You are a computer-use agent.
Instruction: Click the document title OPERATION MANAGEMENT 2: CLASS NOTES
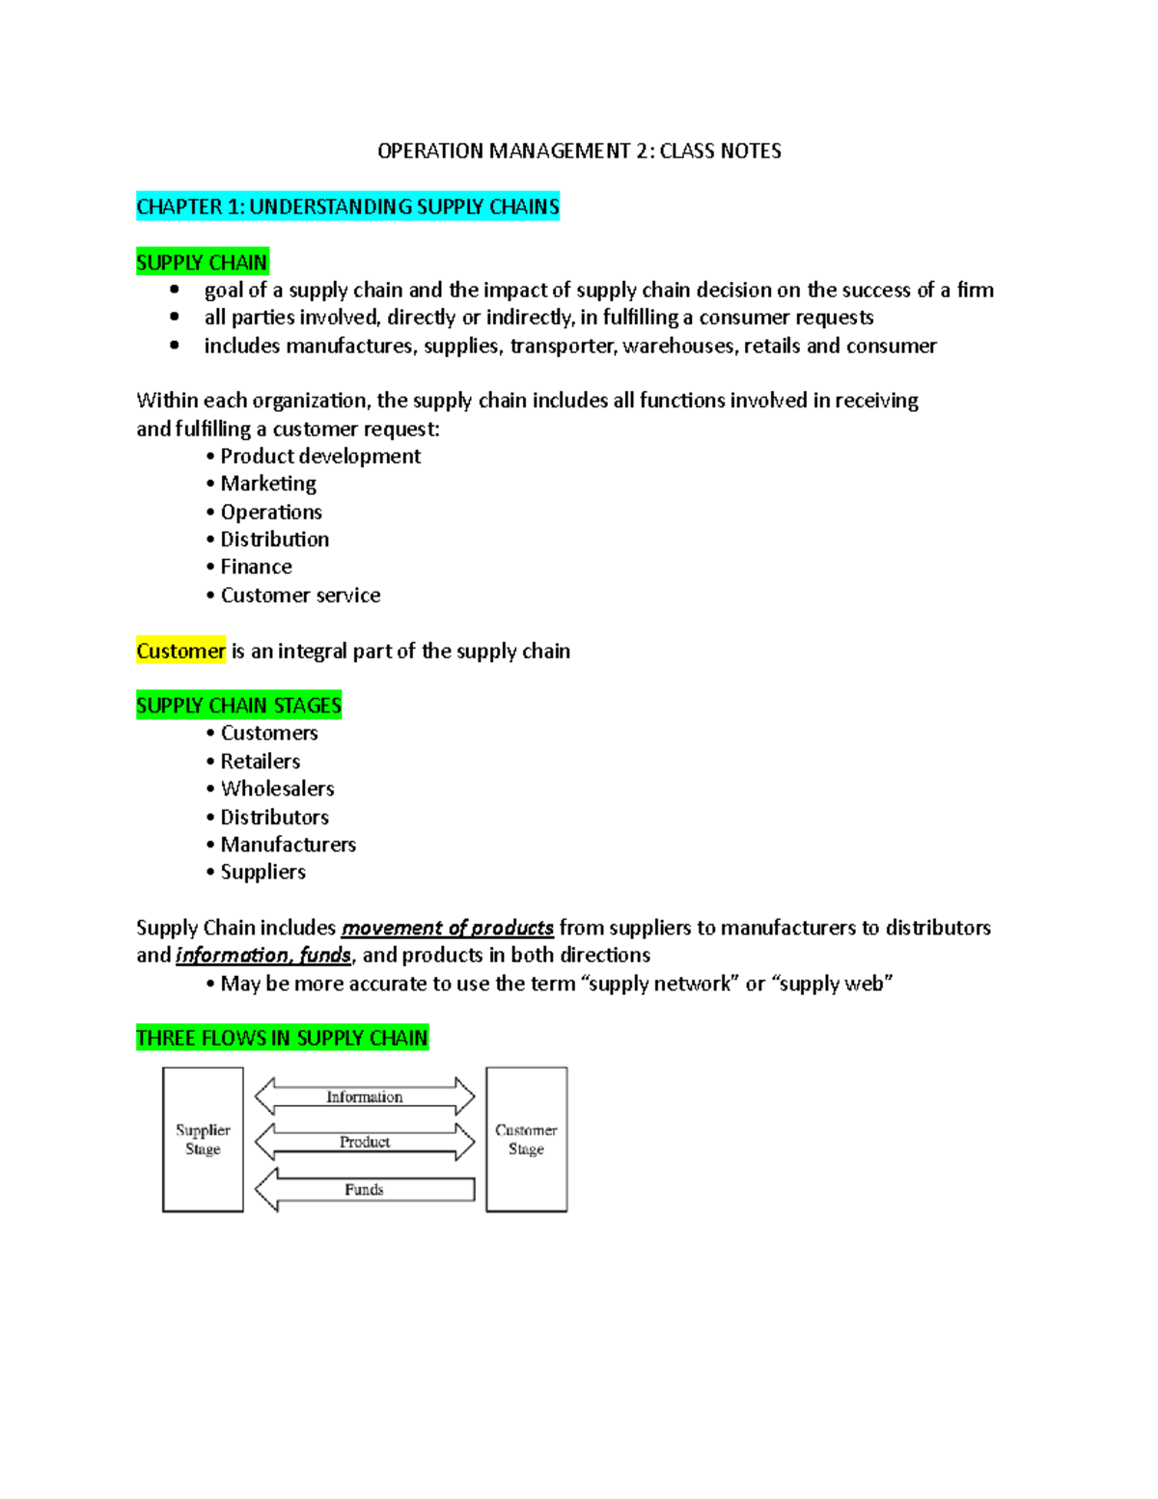[579, 151]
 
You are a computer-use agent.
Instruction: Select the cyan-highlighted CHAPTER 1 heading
[347, 207]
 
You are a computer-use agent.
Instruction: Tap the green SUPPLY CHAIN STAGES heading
[238, 706]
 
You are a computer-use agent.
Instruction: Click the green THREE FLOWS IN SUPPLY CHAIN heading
[282, 1038]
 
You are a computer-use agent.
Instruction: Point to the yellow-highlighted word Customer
[180, 651]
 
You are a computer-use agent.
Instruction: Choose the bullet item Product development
[320, 456]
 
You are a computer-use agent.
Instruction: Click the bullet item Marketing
[268, 484]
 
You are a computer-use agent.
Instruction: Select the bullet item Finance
[256, 567]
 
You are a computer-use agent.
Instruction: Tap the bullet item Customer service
[300, 595]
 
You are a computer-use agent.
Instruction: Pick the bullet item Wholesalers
[277, 789]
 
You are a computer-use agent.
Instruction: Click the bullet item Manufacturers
[288, 845]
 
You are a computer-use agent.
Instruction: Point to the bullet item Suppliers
[262, 872]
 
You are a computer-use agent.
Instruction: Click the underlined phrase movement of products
[448, 928]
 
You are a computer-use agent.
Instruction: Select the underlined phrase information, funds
[263, 955]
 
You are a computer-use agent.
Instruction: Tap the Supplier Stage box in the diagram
[203, 1139]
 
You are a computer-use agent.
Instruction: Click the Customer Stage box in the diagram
[526, 1139]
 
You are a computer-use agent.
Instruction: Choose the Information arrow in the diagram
[365, 1096]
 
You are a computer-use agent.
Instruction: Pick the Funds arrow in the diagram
[365, 1189]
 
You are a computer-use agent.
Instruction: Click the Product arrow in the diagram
[365, 1142]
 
